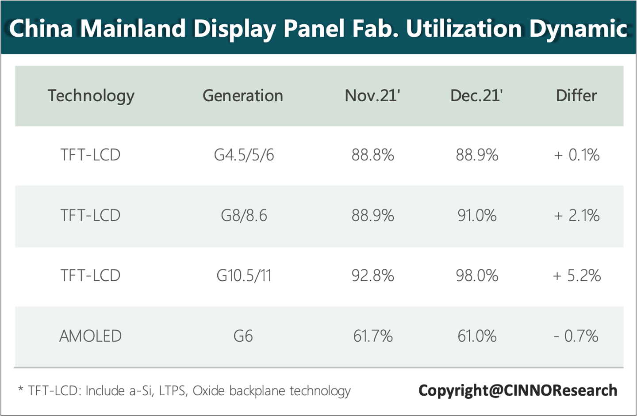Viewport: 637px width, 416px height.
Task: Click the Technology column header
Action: (x=91, y=95)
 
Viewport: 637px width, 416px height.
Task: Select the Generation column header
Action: (x=243, y=95)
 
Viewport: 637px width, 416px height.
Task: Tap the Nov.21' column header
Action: (x=372, y=95)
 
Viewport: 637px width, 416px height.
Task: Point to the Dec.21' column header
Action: (x=476, y=95)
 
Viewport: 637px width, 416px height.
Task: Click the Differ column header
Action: (x=576, y=95)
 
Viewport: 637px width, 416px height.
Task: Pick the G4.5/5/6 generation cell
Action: (x=244, y=155)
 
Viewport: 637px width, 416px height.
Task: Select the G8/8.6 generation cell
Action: (x=244, y=216)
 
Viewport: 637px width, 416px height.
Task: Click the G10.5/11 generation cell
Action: (x=244, y=276)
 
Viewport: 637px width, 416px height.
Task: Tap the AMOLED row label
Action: (x=90, y=336)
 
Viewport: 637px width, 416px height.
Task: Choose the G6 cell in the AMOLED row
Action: (x=243, y=336)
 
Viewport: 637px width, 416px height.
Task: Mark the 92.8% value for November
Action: (x=372, y=276)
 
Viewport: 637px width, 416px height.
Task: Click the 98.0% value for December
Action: (x=477, y=276)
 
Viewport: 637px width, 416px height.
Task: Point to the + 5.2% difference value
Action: (x=577, y=276)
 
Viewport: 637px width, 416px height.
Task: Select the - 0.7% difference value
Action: (x=576, y=336)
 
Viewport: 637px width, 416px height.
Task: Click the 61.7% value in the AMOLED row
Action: (x=372, y=336)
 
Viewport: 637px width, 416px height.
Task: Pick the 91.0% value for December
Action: (x=477, y=216)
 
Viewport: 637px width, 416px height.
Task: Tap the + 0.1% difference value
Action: (x=577, y=155)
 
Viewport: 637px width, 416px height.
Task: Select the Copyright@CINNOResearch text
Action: (x=518, y=390)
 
